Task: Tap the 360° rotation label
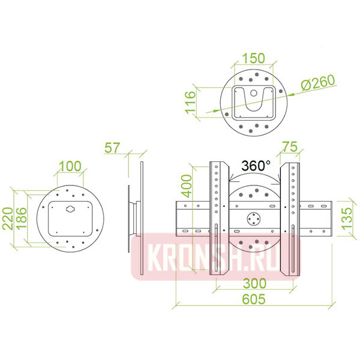(x=256, y=164)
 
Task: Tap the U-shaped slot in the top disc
(x=254, y=101)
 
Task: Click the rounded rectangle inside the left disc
(x=70, y=217)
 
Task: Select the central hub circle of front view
(x=254, y=219)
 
